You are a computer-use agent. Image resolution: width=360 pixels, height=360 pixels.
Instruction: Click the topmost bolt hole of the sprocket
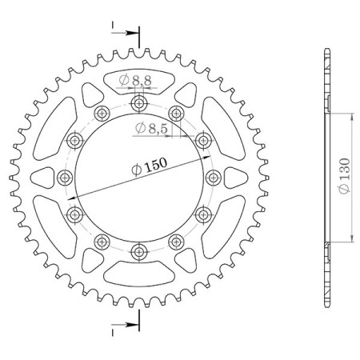(x=139, y=103)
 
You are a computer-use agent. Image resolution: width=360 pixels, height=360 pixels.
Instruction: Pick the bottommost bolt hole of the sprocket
(x=139, y=253)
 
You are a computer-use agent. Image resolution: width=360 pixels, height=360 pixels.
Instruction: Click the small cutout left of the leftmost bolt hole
(x=44, y=178)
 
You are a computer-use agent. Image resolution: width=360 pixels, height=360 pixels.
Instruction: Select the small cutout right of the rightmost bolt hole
(x=234, y=178)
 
